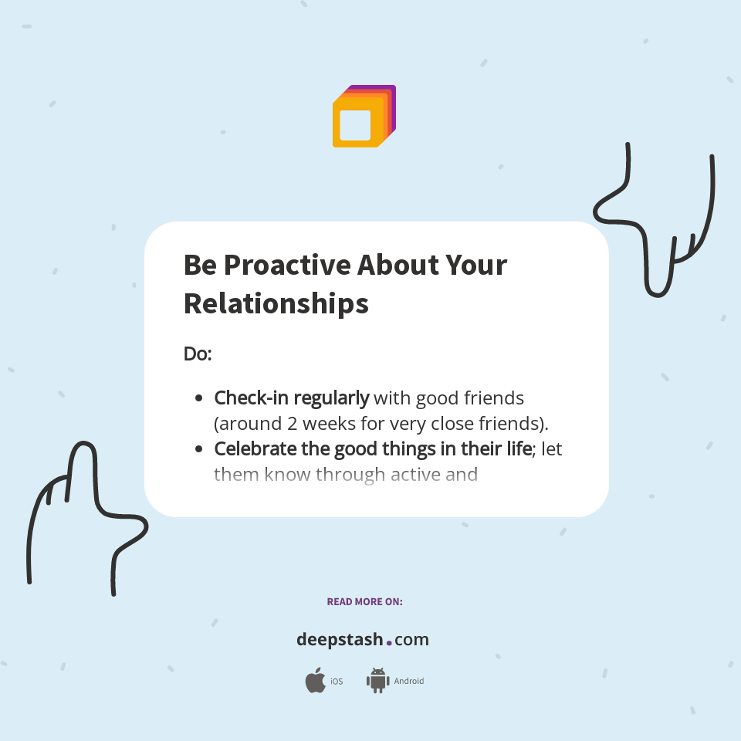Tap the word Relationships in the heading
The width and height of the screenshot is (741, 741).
(x=276, y=303)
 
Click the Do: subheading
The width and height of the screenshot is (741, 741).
(x=198, y=354)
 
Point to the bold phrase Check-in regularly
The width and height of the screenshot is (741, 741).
(x=291, y=399)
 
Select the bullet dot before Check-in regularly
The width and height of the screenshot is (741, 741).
(x=199, y=399)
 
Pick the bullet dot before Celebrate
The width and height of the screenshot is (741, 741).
(x=199, y=449)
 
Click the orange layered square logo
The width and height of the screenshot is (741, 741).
(x=364, y=117)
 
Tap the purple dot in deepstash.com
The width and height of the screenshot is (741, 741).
(x=389, y=642)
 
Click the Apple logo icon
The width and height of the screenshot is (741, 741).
(x=315, y=681)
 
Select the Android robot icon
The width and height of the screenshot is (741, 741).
(x=377, y=681)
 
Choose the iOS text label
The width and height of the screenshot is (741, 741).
(x=337, y=682)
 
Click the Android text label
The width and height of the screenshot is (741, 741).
(x=408, y=682)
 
